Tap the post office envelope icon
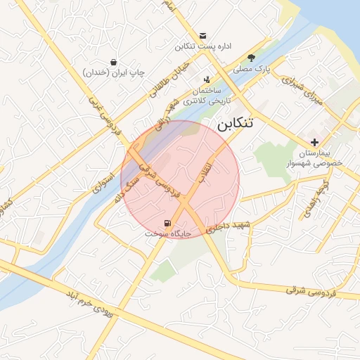[x=202, y=36]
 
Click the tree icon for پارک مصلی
[x=252, y=58]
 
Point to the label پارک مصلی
[x=252, y=68]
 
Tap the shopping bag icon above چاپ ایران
[x=113, y=62]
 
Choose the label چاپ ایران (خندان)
[x=113, y=72]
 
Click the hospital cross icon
[x=314, y=143]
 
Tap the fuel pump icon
[x=167, y=224]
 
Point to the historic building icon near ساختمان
[x=206, y=80]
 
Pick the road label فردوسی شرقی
[x=310, y=290]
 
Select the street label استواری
[x=103, y=181]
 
